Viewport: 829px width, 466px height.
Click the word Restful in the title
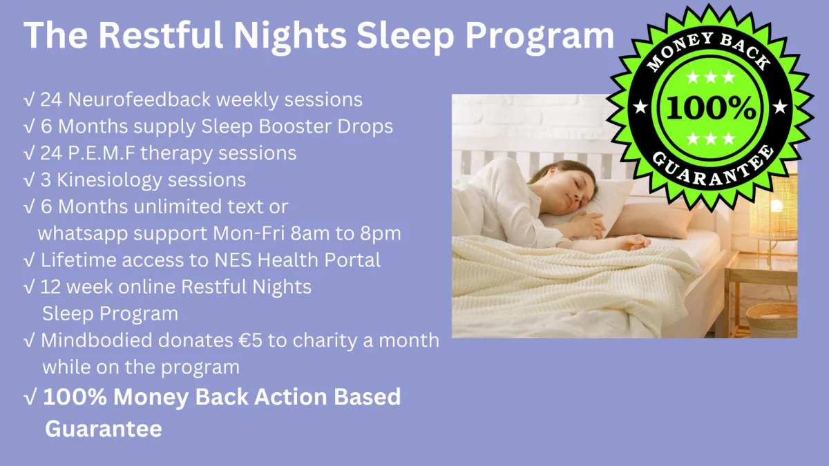coord(160,35)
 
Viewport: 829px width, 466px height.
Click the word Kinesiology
coord(109,180)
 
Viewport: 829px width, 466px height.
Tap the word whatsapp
coord(83,234)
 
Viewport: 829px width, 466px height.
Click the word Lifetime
coord(79,260)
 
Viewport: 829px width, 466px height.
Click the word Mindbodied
coord(96,340)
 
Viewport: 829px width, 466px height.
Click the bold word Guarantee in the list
coord(104,429)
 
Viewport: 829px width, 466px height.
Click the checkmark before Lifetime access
coord(30,260)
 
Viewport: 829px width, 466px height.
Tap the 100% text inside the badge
coord(710,108)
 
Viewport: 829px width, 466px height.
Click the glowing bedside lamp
coord(774,207)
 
